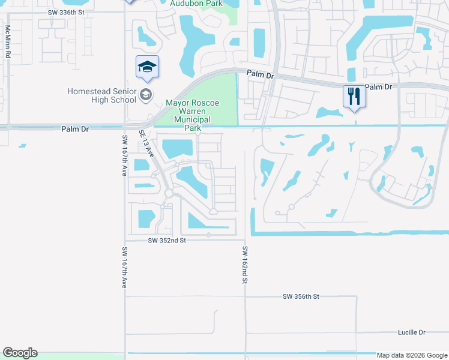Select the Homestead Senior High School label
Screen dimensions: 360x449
[x=101, y=95]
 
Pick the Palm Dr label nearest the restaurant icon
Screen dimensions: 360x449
[x=378, y=87]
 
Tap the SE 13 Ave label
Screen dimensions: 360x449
[x=147, y=144]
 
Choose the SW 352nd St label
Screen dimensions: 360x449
[x=168, y=240]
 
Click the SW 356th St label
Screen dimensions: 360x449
[x=301, y=296]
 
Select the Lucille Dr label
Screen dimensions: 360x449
[x=411, y=332]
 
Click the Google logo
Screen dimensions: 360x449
[x=20, y=353]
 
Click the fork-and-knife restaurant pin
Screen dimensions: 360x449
[x=354, y=95]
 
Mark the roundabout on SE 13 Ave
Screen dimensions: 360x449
[x=169, y=193]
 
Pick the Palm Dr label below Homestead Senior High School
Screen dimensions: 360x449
[x=75, y=129]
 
